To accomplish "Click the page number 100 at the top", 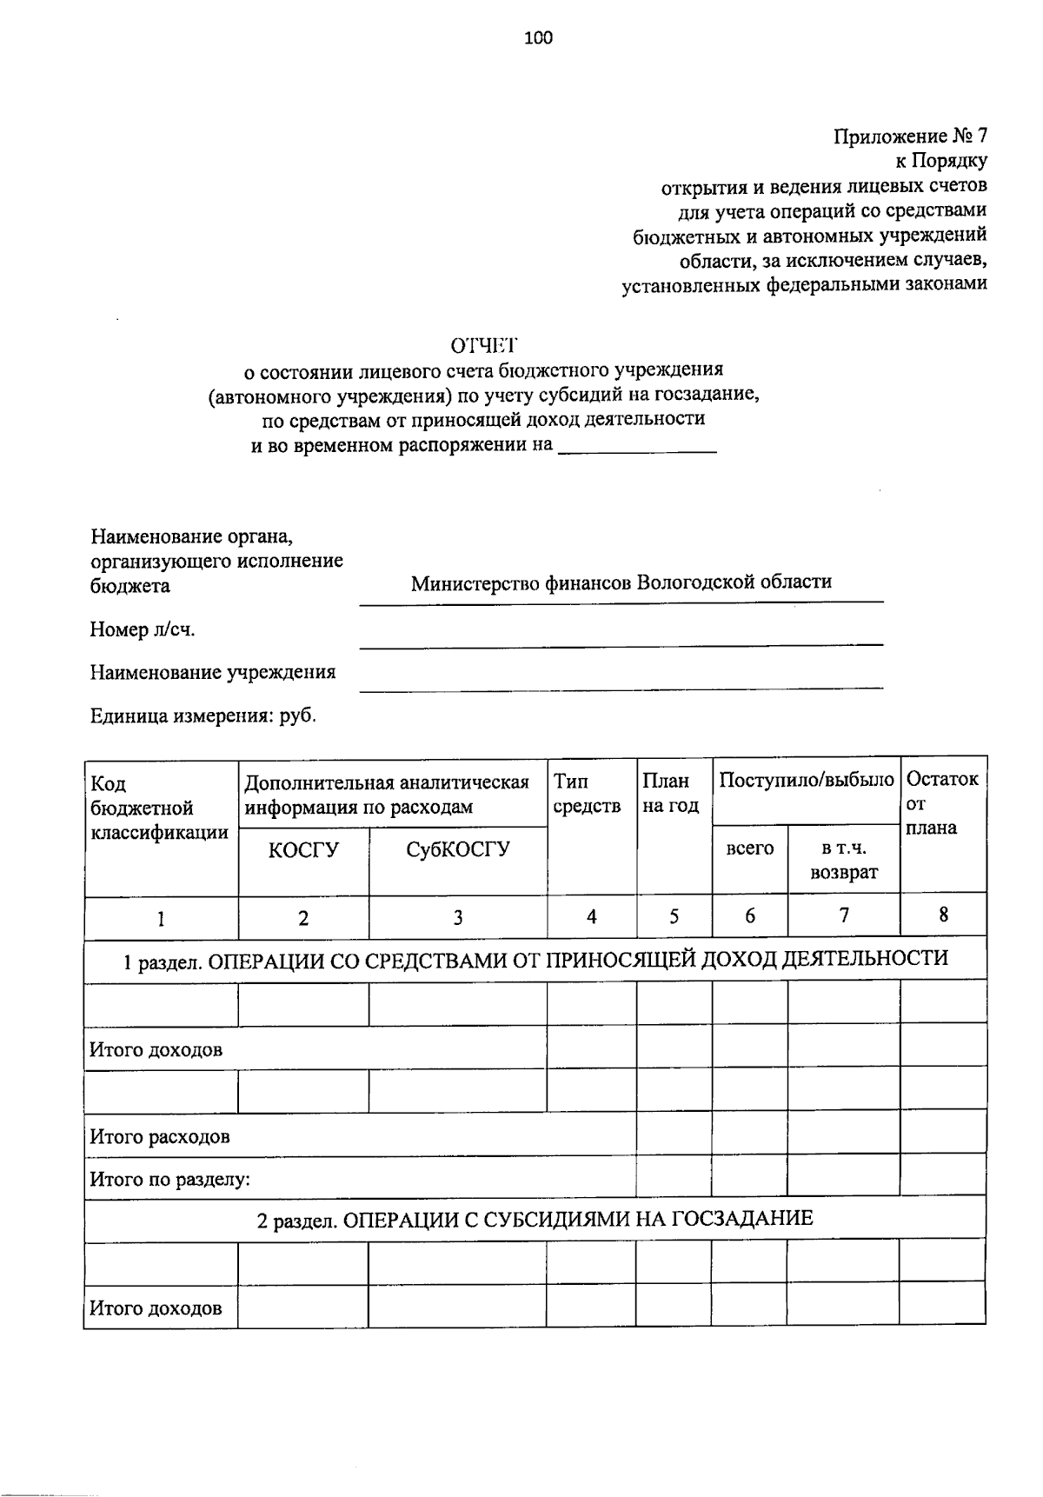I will (538, 37).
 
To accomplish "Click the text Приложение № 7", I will (910, 136).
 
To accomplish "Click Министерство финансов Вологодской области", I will (621, 582).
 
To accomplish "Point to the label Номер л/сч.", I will (143, 629).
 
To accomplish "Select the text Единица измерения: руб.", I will (203, 716).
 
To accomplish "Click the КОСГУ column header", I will (303, 849).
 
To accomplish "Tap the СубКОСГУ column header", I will (458, 849).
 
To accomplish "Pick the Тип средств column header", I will (588, 794).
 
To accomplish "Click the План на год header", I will (670, 794).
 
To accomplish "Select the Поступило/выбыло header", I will (806, 780).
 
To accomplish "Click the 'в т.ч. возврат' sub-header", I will (843, 860).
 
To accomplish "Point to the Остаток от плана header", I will (942, 803).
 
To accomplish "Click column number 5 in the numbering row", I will (674, 916).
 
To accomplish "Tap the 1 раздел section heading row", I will (535, 959).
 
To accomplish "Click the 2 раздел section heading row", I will (535, 1219).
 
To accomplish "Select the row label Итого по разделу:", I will (170, 1180).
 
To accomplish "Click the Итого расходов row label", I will (160, 1136).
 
